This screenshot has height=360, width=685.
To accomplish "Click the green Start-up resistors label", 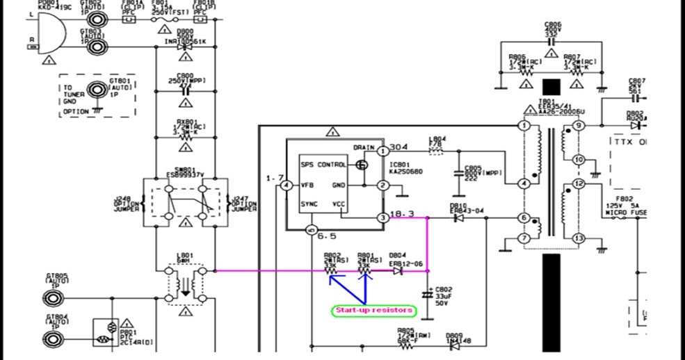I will [x=373, y=310].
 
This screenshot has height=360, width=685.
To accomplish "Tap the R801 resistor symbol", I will [x=364, y=271].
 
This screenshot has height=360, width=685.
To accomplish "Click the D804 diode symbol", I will [x=397, y=271].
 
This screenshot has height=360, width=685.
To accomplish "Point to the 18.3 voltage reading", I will [x=403, y=213].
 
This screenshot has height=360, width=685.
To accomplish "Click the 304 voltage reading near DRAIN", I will [x=399, y=147].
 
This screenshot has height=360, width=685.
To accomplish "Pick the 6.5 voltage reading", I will [x=328, y=236].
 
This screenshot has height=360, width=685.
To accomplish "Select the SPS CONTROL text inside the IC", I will [x=323, y=165].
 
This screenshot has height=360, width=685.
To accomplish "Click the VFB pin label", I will [x=309, y=186].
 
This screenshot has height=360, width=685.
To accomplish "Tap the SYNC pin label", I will [x=310, y=205].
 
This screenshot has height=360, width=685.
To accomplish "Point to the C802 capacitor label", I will [x=444, y=289].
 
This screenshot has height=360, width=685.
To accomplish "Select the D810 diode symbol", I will [x=459, y=218].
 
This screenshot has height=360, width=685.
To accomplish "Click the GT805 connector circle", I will [x=51, y=298].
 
